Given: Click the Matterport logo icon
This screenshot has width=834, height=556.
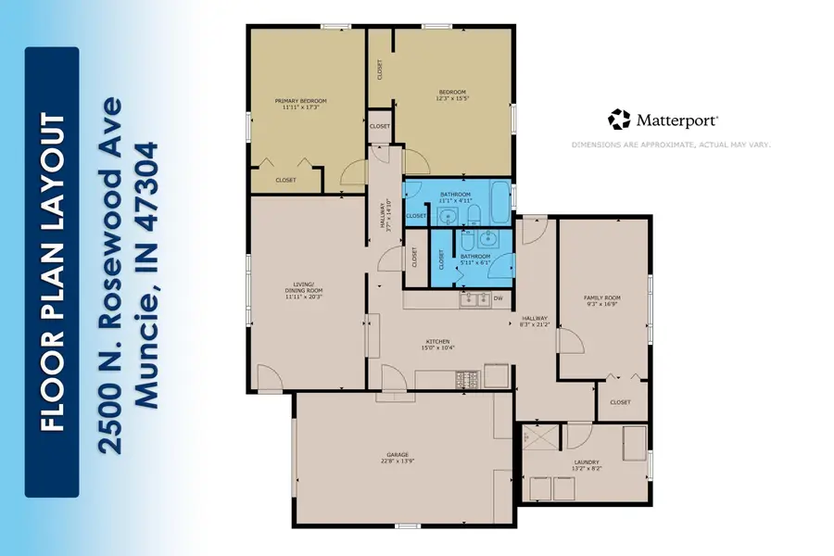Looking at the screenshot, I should click(x=619, y=120).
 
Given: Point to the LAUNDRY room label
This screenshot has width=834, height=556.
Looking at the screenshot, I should click(x=586, y=462).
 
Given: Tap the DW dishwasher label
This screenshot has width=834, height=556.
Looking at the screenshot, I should click(x=498, y=298).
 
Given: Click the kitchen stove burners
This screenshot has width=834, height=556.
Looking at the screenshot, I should click(x=465, y=378).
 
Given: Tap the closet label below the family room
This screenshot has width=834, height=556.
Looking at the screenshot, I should click(x=620, y=402).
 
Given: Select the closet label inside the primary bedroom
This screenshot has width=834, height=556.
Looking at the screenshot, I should click(x=285, y=180).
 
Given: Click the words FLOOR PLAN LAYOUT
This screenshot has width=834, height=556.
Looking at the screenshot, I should click(x=52, y=273).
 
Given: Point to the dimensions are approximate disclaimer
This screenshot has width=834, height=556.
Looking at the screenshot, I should click(x=671, y=145).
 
